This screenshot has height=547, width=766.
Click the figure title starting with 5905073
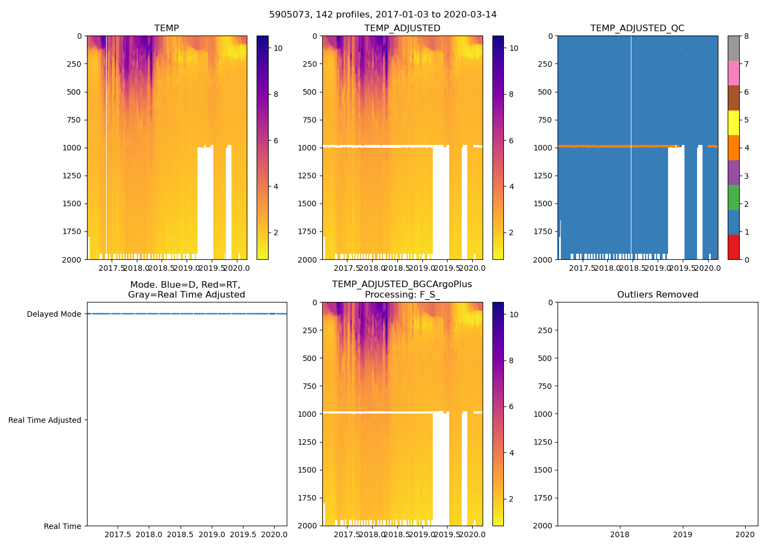[x=383, y=15]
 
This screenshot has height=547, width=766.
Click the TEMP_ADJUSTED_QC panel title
[x=637, y=28]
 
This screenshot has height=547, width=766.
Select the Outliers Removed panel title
[x=657, y=295]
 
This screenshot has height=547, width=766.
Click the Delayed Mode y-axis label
[x=54, y=315]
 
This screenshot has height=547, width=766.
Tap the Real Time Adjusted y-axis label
[x=45, y=421]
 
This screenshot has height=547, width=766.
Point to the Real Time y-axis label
[x=62, y=526]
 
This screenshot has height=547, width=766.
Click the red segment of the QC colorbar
[x=733, y=247]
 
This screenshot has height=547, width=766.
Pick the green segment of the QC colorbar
[x=733, y=197]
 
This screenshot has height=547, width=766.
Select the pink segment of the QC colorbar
[x=733, y=73]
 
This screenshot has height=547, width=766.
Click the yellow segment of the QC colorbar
[x=733, y=123]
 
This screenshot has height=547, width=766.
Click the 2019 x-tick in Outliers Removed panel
[x=682, y=534]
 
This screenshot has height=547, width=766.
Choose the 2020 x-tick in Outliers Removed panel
[x=745, y=534]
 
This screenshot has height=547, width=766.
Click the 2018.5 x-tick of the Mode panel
[x=180, y=534]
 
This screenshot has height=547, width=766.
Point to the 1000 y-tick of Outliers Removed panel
[x=543, y=414]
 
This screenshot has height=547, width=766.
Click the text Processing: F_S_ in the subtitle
[x=402, y=295]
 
